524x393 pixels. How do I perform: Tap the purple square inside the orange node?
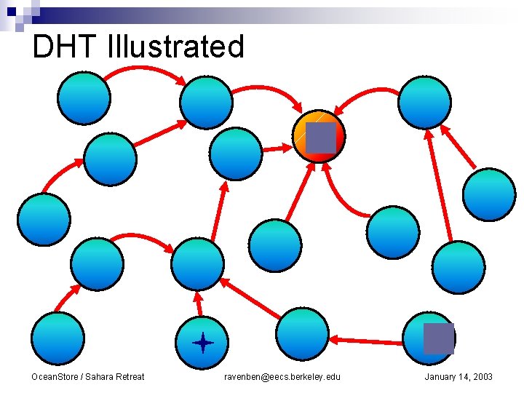coord(320,138)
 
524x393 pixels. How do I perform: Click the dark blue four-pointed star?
coord(202,341)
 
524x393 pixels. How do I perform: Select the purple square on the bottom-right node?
coord(438,338)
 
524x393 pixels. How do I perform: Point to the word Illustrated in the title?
coord(175,47)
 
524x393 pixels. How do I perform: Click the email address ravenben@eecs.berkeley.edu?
coord(282,376)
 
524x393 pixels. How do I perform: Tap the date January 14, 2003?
coord(458,376)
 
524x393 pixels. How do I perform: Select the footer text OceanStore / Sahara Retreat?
coord(87,376)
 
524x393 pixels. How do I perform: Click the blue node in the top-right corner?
coord(424,102)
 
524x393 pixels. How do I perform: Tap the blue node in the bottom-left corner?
coord(57,338)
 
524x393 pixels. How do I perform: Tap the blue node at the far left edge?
coord(44,219)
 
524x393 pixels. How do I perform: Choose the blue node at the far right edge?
coord(489,194)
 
